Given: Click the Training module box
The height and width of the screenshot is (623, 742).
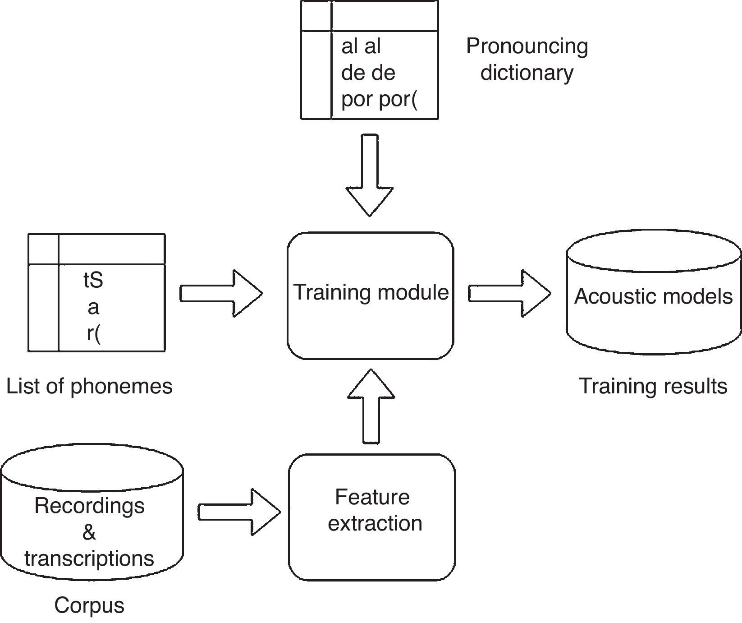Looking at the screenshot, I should pyautogui.click(x=371, y=295).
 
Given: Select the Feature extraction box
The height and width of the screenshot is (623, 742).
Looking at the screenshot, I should pyautogui.click(x=372, y=517).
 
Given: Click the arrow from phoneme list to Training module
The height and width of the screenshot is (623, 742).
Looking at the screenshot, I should pyautogui.click(x=221, y=293).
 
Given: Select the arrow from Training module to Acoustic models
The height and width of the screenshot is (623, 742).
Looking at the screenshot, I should pyautogui.click(x=509, y=294).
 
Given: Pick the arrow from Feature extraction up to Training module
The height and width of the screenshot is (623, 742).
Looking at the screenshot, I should pyautogui.click(x=371, y=406).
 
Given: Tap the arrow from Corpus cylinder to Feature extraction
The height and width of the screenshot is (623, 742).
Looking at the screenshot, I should pyautogui.click(x=239, y=512).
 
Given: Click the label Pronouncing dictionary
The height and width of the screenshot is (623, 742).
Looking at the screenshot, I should pyautogui.click(x=527, y=59).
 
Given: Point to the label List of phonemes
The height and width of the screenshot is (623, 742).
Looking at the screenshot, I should pyautogui.click(x=89, y=387).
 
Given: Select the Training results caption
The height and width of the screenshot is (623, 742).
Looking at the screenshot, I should pyautogui.click(x=653, y=387).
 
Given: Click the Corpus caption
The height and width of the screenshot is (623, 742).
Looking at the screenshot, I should pyautogui.click(x=89, y=605).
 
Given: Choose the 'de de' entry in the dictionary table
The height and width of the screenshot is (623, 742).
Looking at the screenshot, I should pyautogui.click(x=368, y=73).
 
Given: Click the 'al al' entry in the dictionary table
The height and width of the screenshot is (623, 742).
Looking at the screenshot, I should pyautogui.click(x=361, y=46).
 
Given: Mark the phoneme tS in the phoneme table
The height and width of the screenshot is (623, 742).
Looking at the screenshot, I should pyautogui.click(x=93, y=281).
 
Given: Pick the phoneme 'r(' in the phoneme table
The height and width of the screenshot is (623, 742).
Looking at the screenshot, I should pyautogui.click(x=93, y=334).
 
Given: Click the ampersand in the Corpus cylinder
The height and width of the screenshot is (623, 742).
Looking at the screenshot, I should pyautogui.click(x=89, y=532).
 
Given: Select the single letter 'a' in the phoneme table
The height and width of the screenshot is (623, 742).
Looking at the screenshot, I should pyautogui.click(x=93, y=308).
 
